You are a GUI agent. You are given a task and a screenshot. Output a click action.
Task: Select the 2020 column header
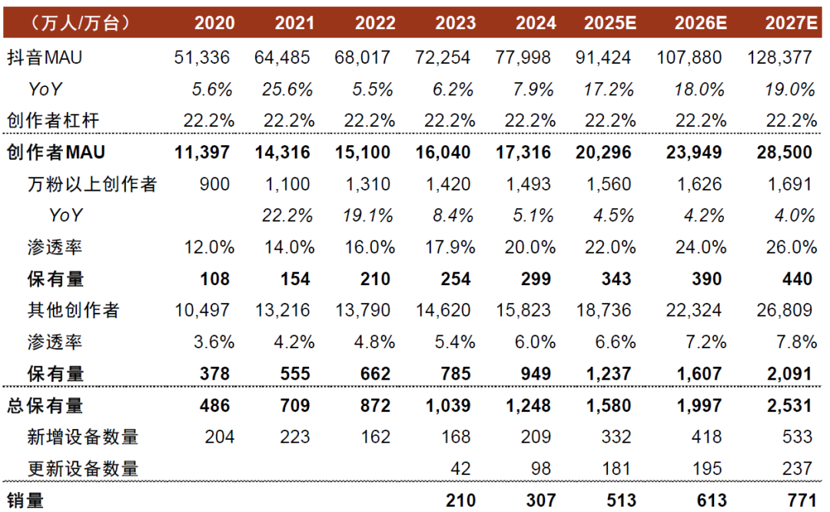pos(214,22)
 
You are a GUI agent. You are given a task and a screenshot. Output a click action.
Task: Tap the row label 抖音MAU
pos(44,57)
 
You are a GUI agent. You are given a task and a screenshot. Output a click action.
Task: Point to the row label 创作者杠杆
pos(53,120)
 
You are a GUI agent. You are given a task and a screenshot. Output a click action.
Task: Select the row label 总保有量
pos(45,405)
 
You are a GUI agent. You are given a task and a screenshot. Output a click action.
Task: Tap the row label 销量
pos(25,500)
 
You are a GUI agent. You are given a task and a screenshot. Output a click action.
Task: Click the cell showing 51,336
pos(203,57)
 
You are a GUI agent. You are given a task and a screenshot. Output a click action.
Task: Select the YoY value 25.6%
pos(284,89)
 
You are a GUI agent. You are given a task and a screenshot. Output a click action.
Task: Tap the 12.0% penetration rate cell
pos(207,247)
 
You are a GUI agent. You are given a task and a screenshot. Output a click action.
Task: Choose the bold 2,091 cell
pos(789,374)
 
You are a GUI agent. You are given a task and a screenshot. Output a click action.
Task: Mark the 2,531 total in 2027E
pos(789,405)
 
